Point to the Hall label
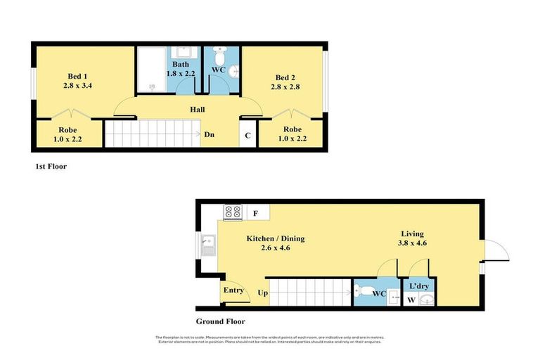click(197, 110)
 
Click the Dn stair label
click(210, 134)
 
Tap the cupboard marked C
click(247, 135)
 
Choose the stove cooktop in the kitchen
click(232, 211)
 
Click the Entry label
click(233, 290)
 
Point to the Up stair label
click(263, 292)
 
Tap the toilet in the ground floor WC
click(361, 290)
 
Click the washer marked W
click(411, 300)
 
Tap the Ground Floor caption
click(220, 321)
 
